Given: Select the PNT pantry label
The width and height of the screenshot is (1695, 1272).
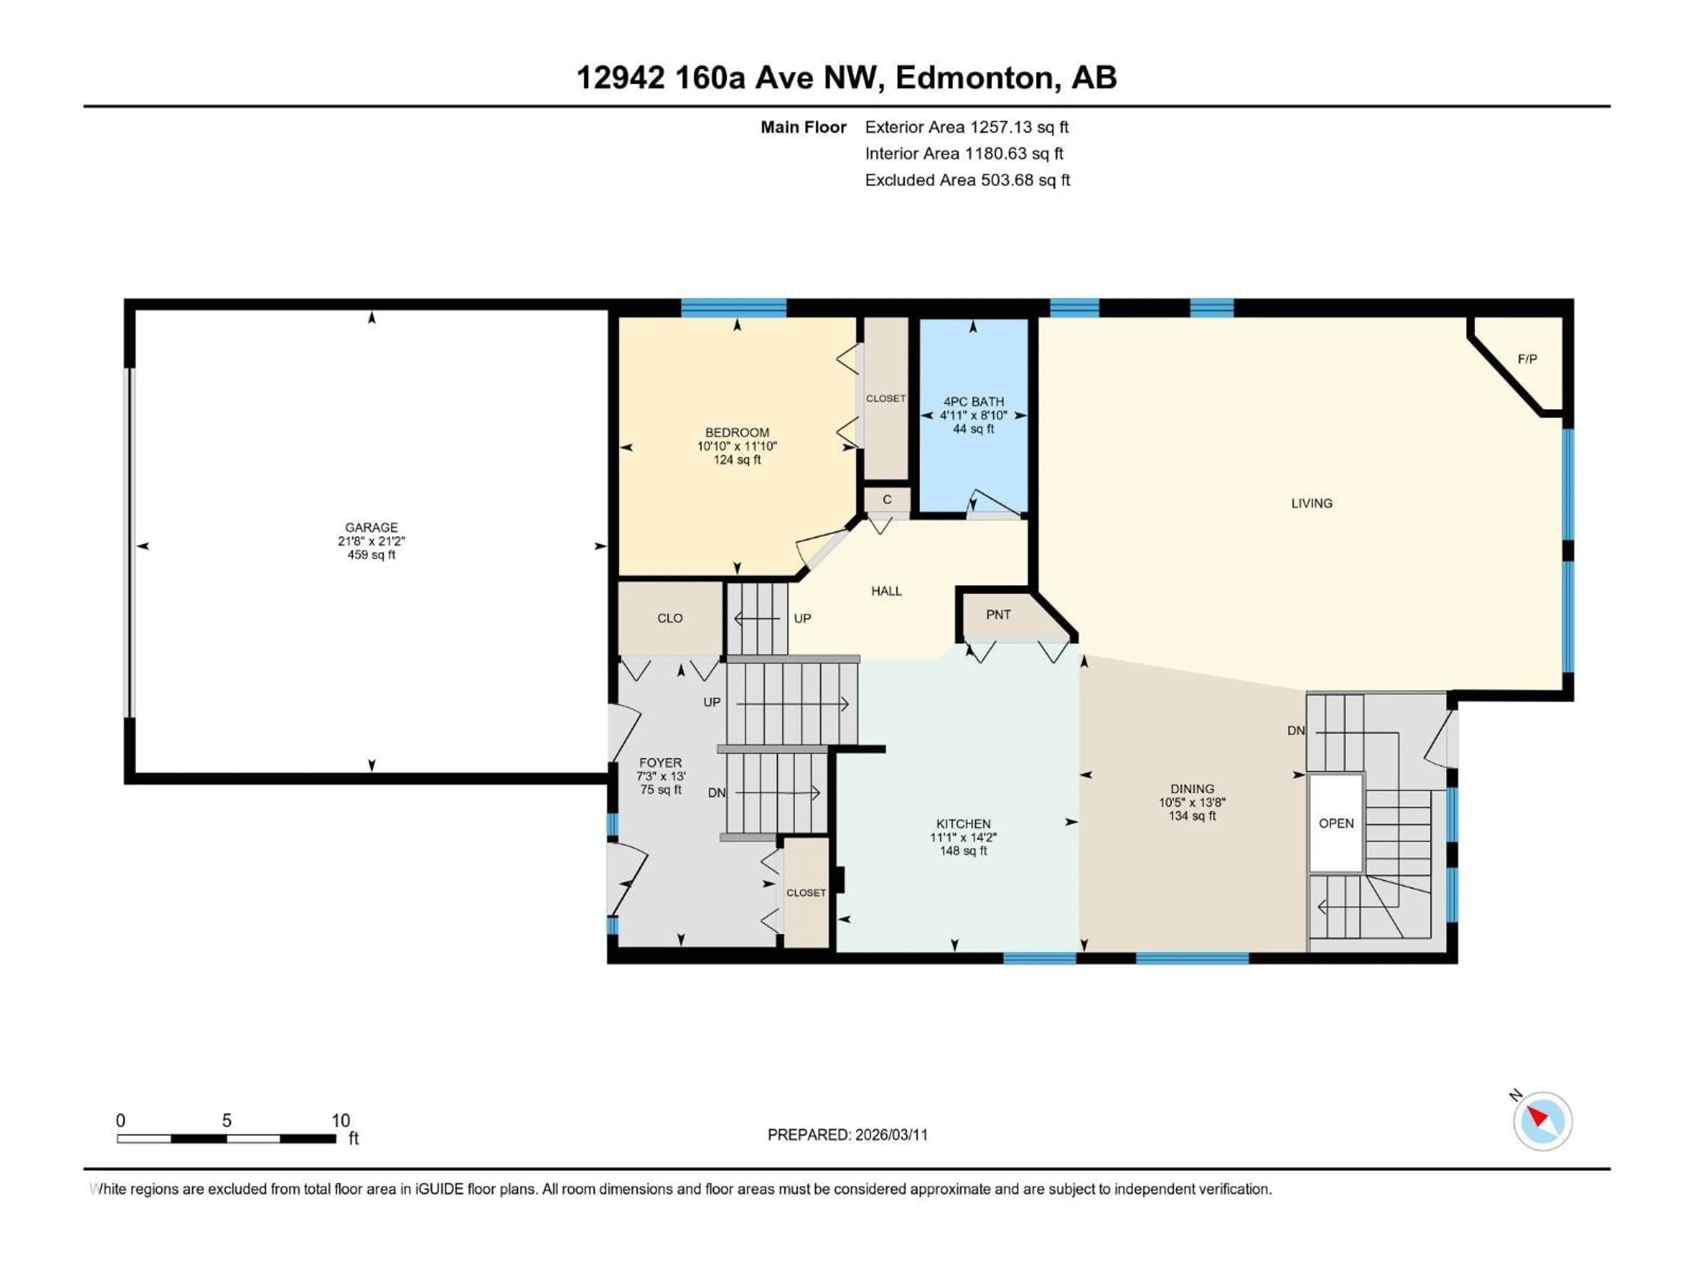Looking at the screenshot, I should click(998, 615).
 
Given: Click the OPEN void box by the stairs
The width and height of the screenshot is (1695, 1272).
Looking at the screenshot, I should click(1336, 823).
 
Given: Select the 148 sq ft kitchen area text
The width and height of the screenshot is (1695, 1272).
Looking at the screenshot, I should click(963, 851).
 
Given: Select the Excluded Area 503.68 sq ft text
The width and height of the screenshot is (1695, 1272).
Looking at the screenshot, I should click(967, 180).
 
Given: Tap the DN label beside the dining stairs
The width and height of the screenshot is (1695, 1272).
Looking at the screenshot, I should click(1296, 731).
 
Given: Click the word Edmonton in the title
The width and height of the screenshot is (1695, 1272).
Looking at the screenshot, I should click(973, 77).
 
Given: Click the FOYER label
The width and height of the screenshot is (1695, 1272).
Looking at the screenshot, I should click(660, 763).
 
